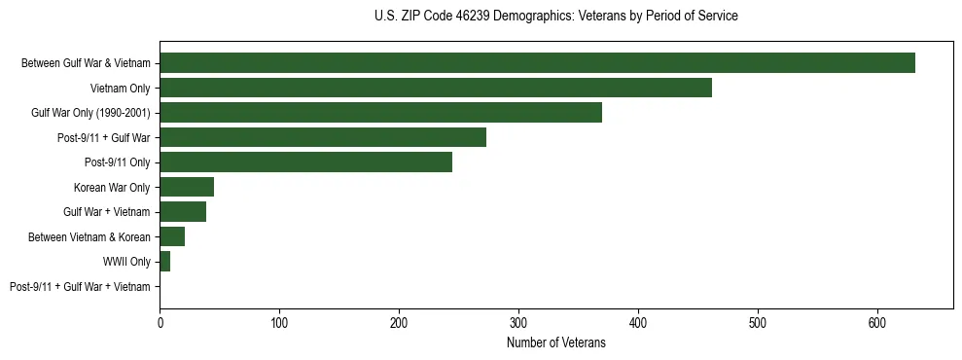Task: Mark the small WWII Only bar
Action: [164, 262]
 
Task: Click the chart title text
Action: [555, 17]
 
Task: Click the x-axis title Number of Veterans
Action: [555, 343]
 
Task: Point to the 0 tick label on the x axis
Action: [160, 321]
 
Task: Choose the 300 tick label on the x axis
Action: [518, 321]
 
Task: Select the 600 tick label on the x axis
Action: [877, 321]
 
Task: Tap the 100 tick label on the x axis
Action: [279, 321]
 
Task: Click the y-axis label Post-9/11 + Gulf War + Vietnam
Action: [80, 287]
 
